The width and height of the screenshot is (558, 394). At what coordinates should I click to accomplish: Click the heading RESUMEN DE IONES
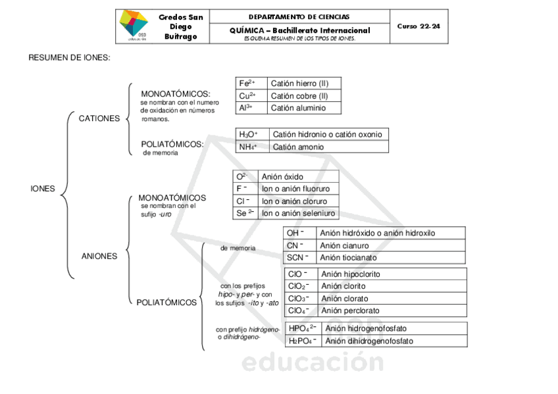pos(69,58)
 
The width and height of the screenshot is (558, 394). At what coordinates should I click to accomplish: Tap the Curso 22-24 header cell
pos(419,26)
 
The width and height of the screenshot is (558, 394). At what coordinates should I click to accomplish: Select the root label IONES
pos(43,189)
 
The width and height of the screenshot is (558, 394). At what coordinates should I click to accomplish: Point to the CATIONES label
pos(99,118)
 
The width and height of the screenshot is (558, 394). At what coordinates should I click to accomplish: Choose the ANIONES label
pos(99,256)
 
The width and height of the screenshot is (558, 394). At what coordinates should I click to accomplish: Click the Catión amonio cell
pos(298,147)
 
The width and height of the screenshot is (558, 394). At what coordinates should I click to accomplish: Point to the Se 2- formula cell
pos(245,213)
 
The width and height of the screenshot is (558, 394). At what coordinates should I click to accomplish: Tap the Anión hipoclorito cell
pos(351,274)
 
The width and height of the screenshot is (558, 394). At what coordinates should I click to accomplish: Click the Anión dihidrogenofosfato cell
pos(369,341)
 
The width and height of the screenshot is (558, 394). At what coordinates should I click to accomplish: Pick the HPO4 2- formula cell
pos(303,328)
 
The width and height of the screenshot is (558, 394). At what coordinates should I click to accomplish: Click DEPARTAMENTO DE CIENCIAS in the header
pos(299,16)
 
